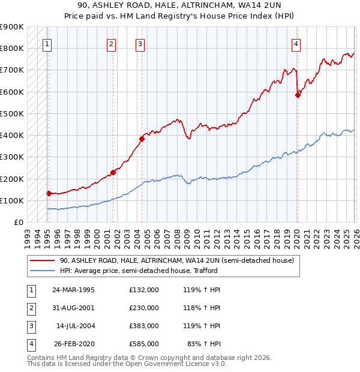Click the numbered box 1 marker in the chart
pos(47,43)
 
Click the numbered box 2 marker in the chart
pos(111,43)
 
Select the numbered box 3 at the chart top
pos(140,43)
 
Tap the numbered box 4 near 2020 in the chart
pos(296,43)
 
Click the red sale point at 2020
pos(298,95)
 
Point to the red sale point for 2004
pos(142,139)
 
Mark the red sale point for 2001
pos(113,172)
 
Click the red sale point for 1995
pos(49,193)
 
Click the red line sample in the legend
pos(42,261)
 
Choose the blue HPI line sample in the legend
pos(42,271)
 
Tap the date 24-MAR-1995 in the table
pos(74,289)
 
